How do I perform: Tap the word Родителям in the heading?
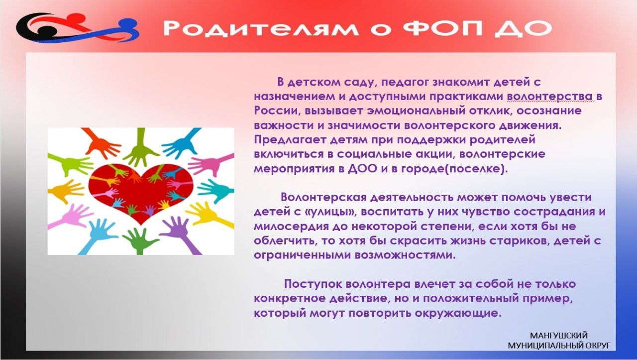[261, 28]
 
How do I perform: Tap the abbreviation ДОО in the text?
[362, 169]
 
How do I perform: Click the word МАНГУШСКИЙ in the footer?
[559, 336]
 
